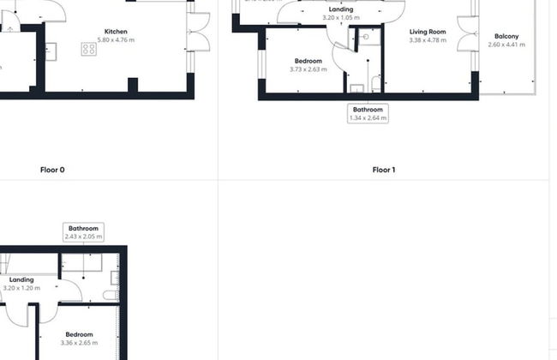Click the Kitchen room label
point(116,31)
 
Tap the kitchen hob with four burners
point(88,49)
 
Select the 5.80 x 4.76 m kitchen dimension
point(116,40)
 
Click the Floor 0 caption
point(52,170)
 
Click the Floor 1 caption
point(384,170)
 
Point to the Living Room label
point(428,31)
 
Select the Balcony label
point(506,36)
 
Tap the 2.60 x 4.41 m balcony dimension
point(506,45)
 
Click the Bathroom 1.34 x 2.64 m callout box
point(368,113)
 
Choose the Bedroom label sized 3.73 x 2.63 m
point(308,61)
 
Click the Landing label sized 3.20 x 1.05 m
point(341,9)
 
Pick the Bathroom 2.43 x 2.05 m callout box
point(83,231)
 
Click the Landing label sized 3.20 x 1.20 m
point(21,279)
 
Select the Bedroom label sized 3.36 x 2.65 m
point(79,333)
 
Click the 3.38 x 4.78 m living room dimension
point(428,40)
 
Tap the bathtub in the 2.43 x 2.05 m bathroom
point(82,262)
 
